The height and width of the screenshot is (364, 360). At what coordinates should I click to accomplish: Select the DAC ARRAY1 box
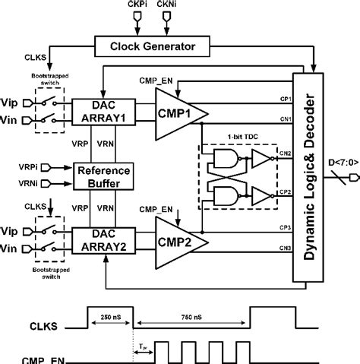[99, 111]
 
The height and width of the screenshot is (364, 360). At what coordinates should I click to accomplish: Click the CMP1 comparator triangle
[179, 111]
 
